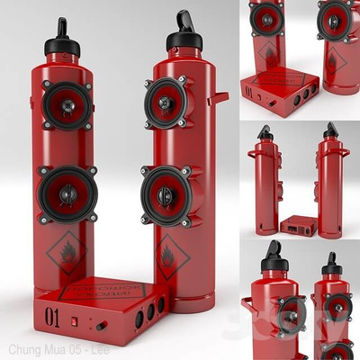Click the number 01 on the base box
click(53, 317)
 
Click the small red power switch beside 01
click(78, 319)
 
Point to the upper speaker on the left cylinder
click(67, 106)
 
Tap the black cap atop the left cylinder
click(61, 36)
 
